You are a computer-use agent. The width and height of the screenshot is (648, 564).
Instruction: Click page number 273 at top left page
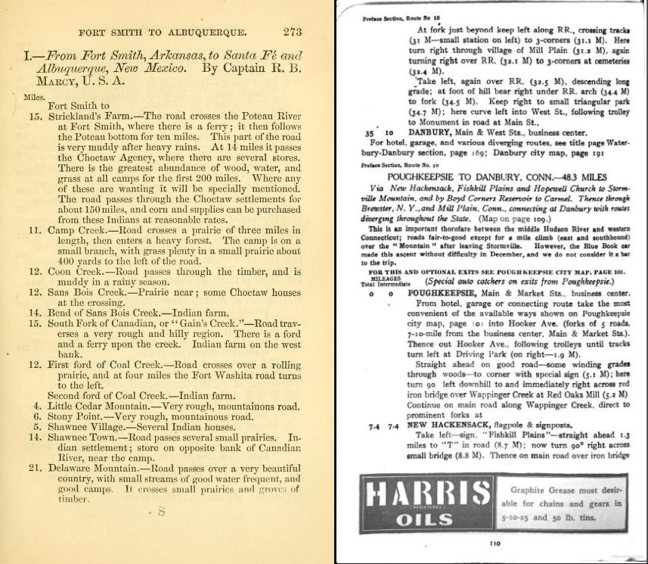(x=292, y=32)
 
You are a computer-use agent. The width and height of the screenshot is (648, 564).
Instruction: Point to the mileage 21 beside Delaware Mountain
(x=35, y=467)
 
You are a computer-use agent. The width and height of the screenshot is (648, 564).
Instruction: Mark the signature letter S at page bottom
(x=161, y=513)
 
